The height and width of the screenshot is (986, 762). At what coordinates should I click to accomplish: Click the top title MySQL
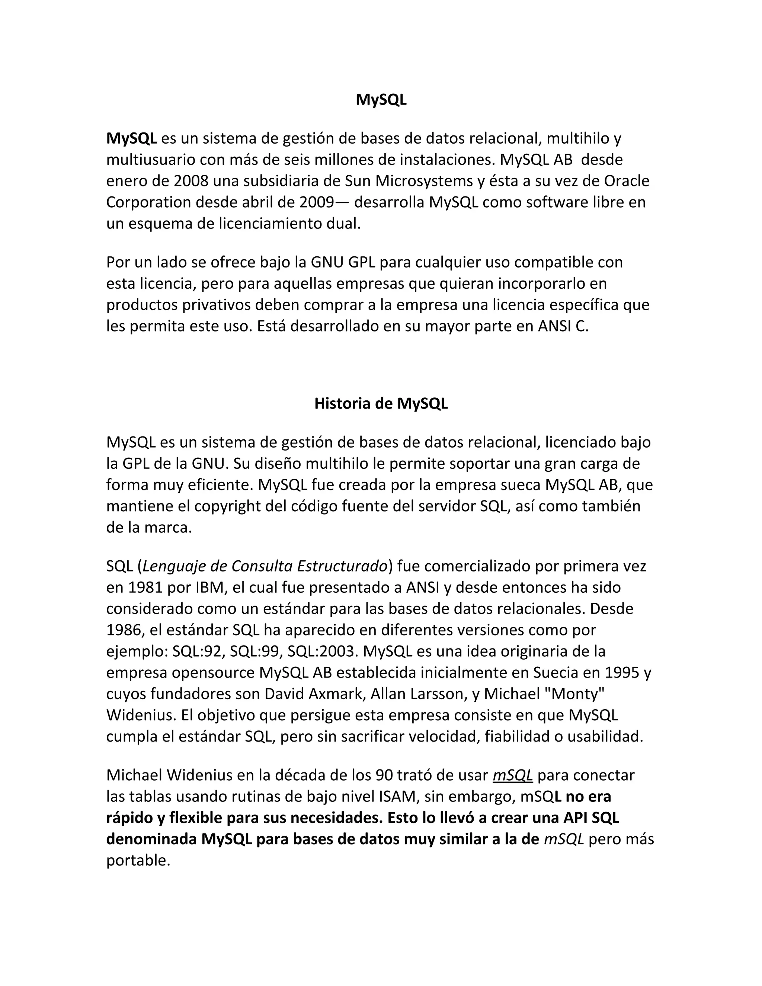[381, 100]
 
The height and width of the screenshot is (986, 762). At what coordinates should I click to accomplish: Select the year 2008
[191, 181]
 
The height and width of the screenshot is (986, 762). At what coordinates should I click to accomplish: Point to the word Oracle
[627, 181]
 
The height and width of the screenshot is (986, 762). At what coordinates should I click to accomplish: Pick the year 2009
[317, 202]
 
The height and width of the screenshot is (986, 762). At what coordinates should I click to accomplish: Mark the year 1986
[123, 630]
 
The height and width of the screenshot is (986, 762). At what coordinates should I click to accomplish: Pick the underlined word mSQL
[513, 775]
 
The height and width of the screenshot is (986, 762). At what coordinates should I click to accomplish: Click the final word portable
[138, 861]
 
